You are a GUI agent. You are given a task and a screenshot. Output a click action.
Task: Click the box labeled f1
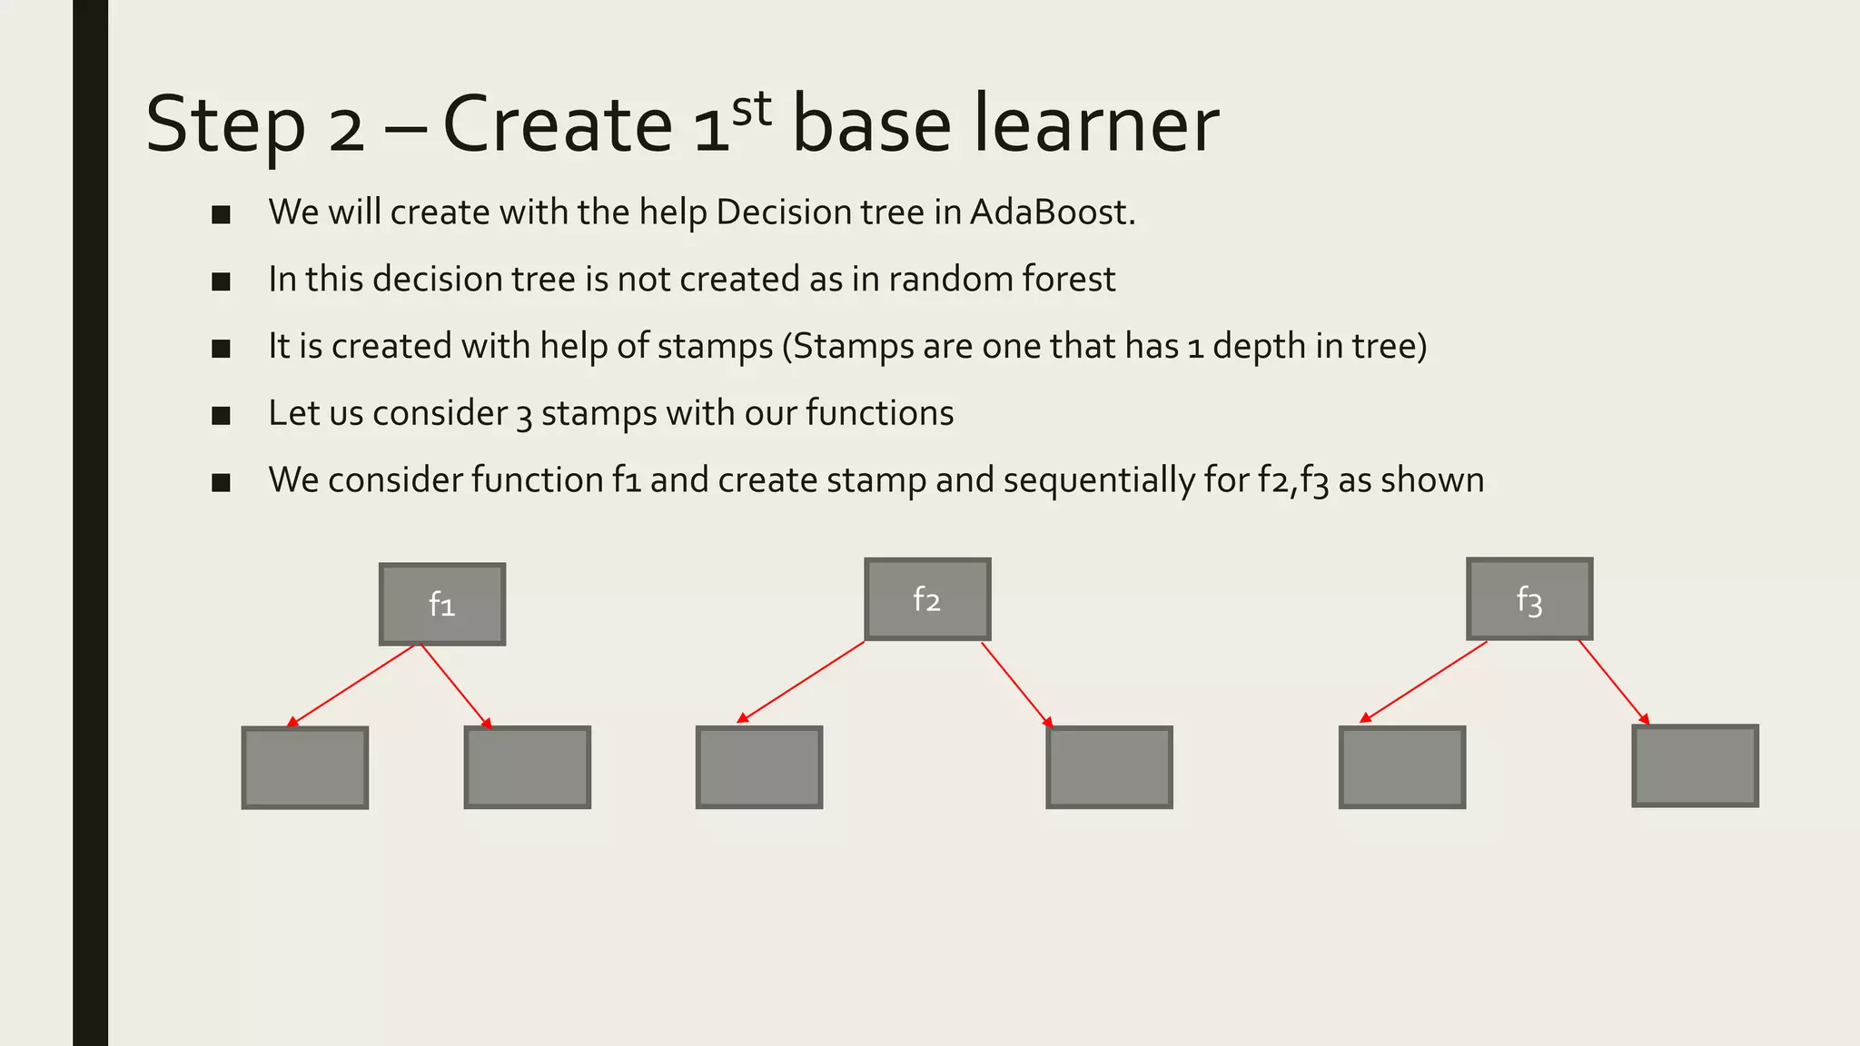[442, 604]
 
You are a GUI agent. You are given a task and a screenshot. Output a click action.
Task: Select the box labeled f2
[927, 599]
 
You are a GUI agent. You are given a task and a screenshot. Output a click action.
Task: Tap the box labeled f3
[1529, 599]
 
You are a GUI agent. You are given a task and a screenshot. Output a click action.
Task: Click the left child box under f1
[305, 767]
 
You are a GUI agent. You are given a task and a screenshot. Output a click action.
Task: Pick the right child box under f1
[528, 767]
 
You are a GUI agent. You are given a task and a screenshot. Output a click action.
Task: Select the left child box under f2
[759, 767]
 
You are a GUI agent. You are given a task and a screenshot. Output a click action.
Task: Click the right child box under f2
[1109, 767]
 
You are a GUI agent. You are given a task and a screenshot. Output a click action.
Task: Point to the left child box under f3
[1402, 767]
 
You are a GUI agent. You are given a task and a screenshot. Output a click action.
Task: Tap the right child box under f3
[1695, 765]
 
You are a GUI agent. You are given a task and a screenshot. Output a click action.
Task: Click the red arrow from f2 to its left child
[801, 682]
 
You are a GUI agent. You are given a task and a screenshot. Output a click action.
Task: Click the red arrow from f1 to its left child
[351, 686]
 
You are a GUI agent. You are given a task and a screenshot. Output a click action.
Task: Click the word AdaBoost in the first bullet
[1052, 212]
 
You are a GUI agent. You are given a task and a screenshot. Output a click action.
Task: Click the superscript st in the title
[752, 109]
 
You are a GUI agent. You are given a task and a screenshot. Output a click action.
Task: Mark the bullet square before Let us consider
[221, 416]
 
